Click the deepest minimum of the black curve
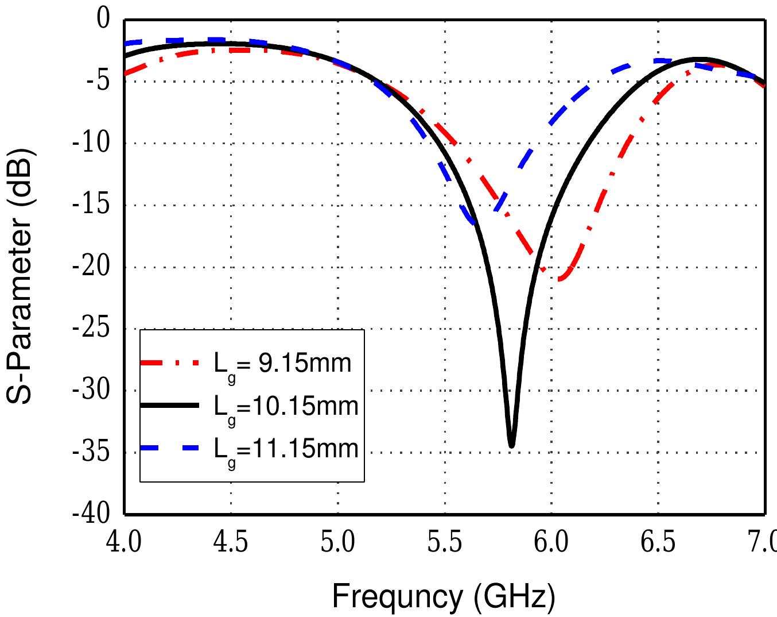(511, 445)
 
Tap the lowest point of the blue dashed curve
(472, 223)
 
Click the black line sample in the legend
(170, 406)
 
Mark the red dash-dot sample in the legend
(170, 363)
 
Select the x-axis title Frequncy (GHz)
(443, 597)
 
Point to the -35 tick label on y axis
(90, 452)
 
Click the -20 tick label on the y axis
(90, 267)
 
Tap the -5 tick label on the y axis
(96, 82)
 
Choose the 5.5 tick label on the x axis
(445, 542)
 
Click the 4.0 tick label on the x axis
(124, 542)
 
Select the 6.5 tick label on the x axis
(658, 542)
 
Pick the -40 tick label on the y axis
(90, 514)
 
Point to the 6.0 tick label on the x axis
(551, 542)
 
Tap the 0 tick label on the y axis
(103, 21)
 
